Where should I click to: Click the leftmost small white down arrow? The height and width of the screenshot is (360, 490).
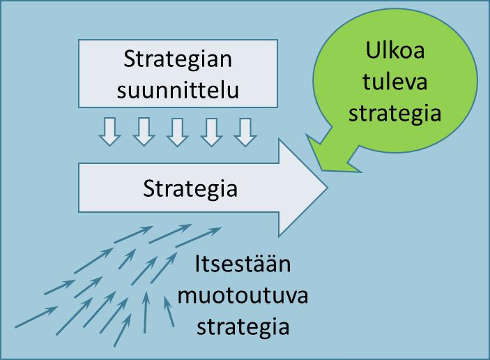coord(109,131)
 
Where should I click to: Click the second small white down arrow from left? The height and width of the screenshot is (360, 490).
coord(143,131)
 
